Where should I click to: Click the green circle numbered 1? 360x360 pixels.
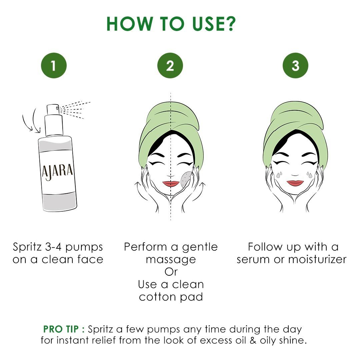click(x=54, y=66)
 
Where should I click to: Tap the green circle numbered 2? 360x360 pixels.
click(x=170, y=66)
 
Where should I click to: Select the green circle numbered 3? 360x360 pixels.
click(x=295, y=66)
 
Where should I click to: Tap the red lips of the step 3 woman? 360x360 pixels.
click(x=295, y=183)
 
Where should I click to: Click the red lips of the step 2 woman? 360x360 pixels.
click(x=171, y=184)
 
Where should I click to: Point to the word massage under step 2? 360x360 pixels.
click(x=171, y=259)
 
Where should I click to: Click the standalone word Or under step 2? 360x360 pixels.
click(x=171, y=272)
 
